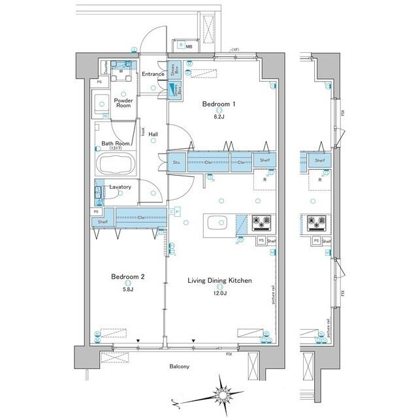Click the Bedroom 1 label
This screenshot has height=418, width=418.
tap(218, 103)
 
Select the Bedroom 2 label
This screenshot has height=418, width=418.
tap(127, 276)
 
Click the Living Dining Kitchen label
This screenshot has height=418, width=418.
tap(219, 281)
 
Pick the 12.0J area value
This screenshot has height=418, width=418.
tap(219, 293)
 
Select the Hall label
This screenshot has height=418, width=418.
tap(153, 135)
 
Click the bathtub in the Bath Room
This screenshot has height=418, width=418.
tap(115, 163)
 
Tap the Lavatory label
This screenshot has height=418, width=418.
tap(120, 187)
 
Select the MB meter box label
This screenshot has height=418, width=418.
tap(189, 46)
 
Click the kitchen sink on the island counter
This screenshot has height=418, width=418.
tap(216, 223)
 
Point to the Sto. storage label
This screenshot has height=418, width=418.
tap(176, 162)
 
